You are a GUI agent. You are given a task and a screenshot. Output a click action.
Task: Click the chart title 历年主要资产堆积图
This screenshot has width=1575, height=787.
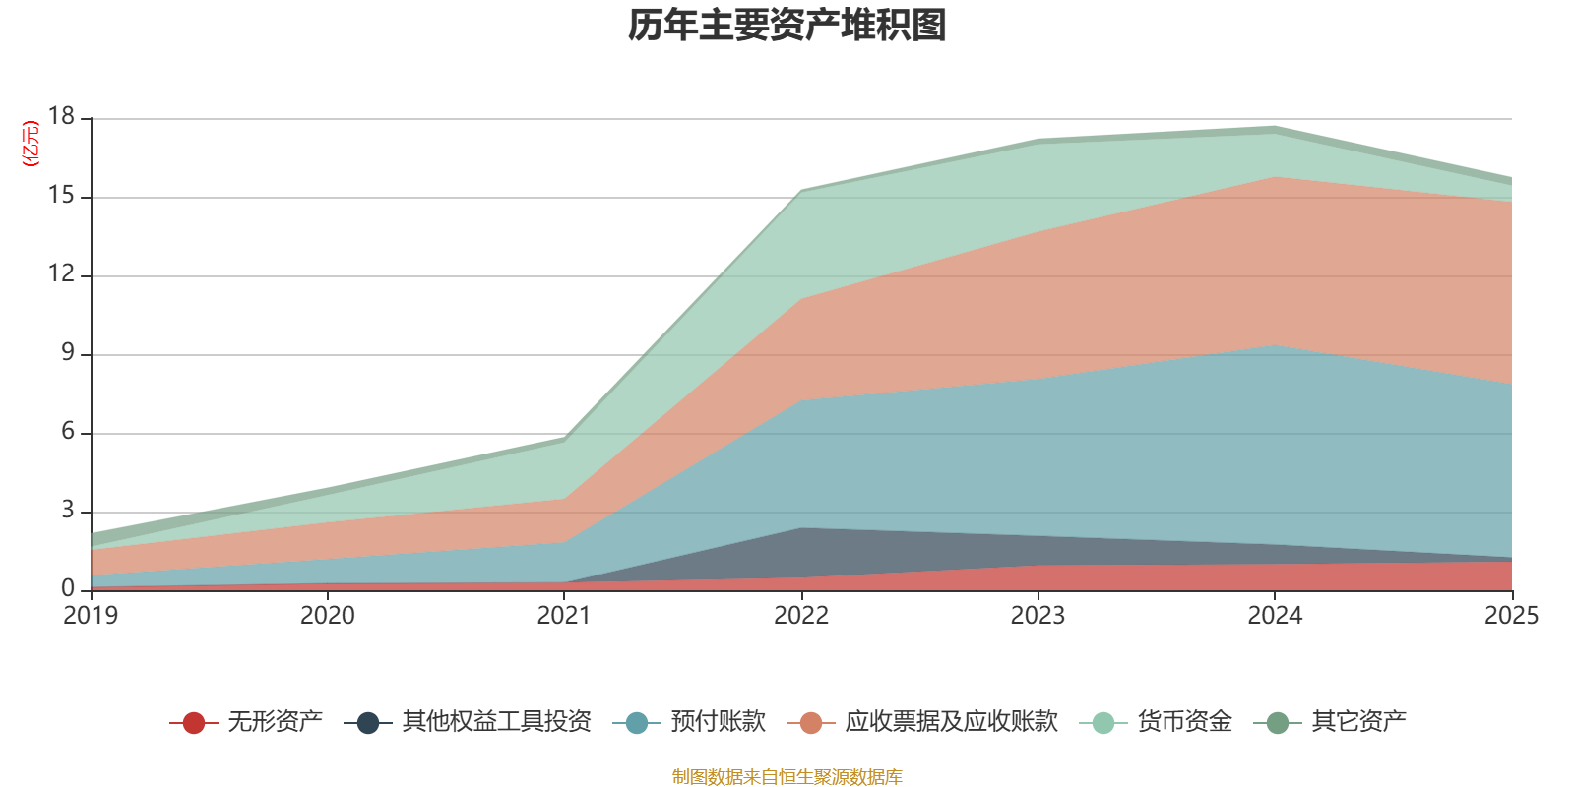(787, 26)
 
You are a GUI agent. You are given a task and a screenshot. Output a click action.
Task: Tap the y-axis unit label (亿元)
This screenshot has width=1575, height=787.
(31, 144)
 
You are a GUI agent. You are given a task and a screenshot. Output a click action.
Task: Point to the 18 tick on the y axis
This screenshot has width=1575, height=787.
(61, 117)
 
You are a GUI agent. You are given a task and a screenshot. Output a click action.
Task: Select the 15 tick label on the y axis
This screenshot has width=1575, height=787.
(61, 196)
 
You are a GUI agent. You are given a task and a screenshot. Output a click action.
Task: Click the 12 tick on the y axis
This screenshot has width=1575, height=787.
(61, 274)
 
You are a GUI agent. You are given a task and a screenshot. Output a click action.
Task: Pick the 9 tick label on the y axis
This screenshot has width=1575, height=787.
(67, 353)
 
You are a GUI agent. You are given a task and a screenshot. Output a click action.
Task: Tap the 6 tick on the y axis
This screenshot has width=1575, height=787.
(67, 432)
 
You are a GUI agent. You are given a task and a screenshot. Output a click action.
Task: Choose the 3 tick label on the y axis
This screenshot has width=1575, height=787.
(67, 511)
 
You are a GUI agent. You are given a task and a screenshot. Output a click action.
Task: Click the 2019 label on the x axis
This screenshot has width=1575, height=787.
(91, 616)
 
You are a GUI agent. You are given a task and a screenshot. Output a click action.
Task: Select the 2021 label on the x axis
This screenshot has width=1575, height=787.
(564, 616)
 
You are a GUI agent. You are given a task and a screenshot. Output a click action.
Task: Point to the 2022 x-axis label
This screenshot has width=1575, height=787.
(801, 616)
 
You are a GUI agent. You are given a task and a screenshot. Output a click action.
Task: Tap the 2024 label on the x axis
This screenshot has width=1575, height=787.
(1275, 616)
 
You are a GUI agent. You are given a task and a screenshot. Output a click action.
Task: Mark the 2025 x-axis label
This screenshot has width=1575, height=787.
(1511, 616)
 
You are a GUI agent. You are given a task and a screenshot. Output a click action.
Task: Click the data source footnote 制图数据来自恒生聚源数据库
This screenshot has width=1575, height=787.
(787, 777)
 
